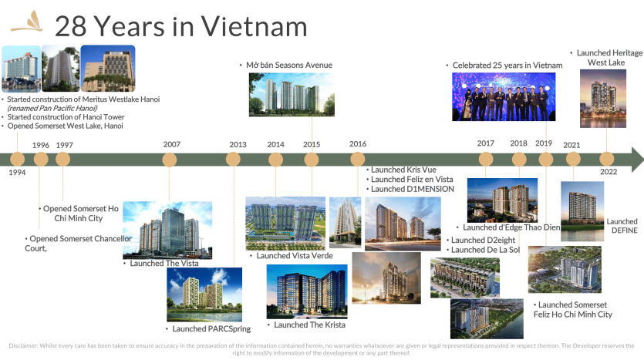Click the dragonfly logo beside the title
pyautogui.click(x=27, y=22)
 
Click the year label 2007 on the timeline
pyautogui.click(x=172, y=144)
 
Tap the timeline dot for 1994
pyautogui.click(x=17, y=160)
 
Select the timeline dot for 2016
pyautogui.click(x=358, y=160)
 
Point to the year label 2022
pyautogui.click(x=609, y=172)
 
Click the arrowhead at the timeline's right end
pyautogui.click(x=637, y=160)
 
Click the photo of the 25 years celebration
pyautogui.click(x=504, y=97)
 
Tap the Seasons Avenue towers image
pyautogui.click(x=292, y=95)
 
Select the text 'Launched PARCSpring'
pyautogui.click(x=211, y=329)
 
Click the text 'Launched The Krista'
pyautogui.click(x=310, y=325)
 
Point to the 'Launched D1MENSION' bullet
pyautogui.click(x=413, y=189)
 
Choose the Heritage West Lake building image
pyautogui.click(x=603, y=99)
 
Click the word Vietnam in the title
pyautogui.click(x=254, y=26)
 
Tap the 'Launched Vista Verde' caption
pyautogui.click(x=295, y=256)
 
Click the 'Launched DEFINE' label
pyautogui.click(x=622, y=226)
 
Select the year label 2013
pyautogui.click(x=238, y=144)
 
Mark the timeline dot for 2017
pyautogui.click(x=486, y=160)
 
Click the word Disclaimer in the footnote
pyautogui.click(x=23, y=345)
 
